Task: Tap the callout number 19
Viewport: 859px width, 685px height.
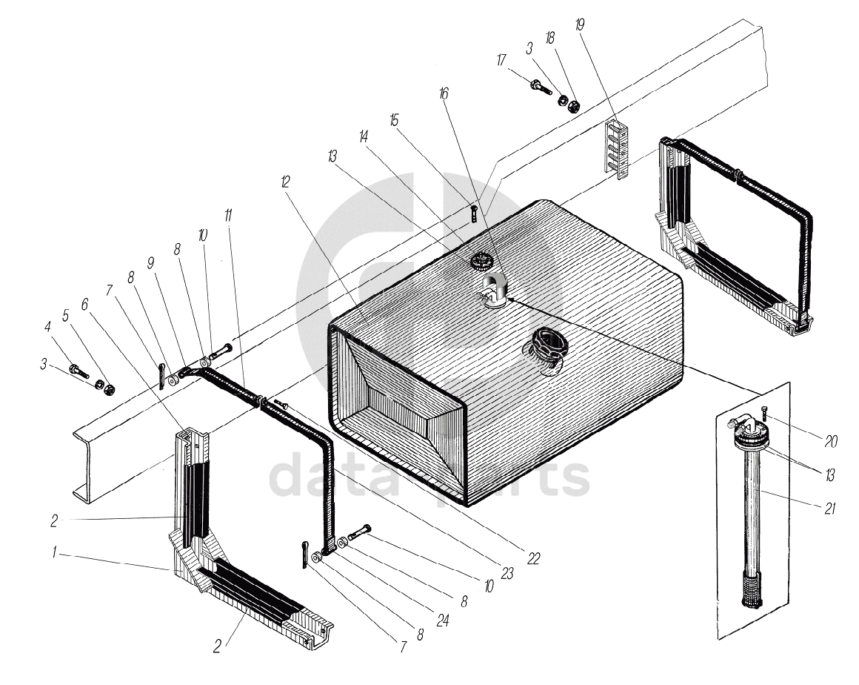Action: click(579, 24)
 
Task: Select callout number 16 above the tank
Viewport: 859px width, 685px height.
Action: click(444, 94)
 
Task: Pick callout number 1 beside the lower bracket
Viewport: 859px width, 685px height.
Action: click(54, 552)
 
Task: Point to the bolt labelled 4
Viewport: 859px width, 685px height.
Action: click(76, 368)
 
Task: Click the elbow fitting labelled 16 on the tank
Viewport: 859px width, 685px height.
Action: click(492, 288)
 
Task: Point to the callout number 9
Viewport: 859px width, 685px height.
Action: click(150, 262)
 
